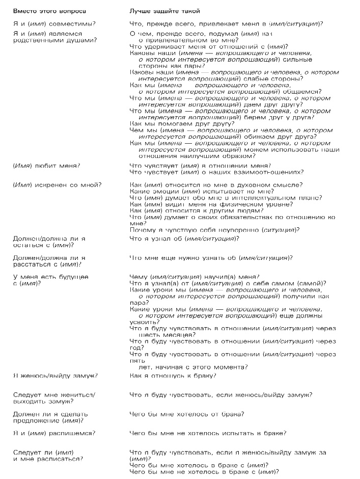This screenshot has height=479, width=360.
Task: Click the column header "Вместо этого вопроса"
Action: point(49,11)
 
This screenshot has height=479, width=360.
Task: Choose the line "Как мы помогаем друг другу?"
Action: point(181,123)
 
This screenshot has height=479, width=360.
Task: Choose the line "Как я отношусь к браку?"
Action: point(173,376)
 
